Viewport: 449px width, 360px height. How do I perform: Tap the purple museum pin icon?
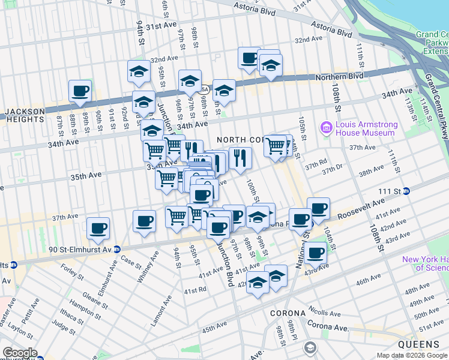click(327, 127)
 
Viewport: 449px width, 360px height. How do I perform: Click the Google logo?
click(20, 353)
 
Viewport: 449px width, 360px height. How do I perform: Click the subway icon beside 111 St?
click(406, 191)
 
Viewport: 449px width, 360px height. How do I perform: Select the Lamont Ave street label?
click(157, 310)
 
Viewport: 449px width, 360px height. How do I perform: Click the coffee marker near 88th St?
click(80, 92)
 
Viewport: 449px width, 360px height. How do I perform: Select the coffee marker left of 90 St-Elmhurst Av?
click(98, 229)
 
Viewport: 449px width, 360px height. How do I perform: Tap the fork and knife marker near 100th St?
click(240, 158)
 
